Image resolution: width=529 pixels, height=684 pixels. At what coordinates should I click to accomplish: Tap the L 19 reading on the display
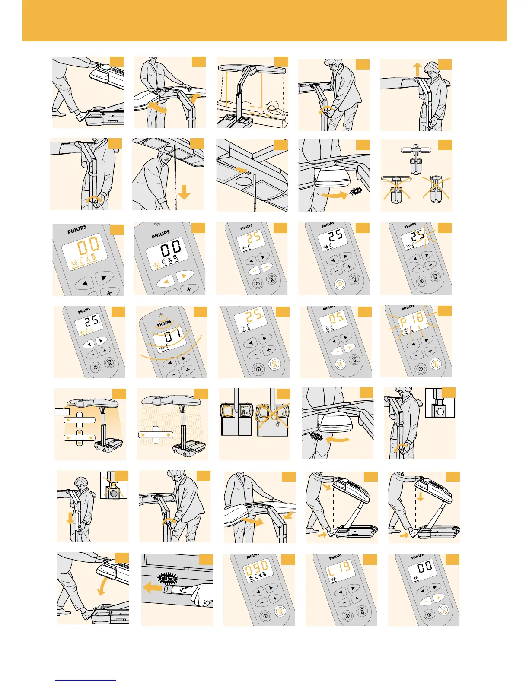339,570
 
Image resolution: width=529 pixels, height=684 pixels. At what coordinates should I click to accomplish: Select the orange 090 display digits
257,569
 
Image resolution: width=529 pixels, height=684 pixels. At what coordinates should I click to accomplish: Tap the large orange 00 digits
89,247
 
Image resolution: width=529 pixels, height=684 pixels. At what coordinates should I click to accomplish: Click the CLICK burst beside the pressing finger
168,579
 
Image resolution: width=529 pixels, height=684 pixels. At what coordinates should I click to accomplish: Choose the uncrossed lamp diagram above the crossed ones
415,158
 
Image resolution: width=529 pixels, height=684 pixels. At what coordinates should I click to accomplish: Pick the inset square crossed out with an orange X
113,485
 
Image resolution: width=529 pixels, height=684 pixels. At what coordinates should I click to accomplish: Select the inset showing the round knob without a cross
440,402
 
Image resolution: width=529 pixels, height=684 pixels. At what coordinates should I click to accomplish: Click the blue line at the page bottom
86,680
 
